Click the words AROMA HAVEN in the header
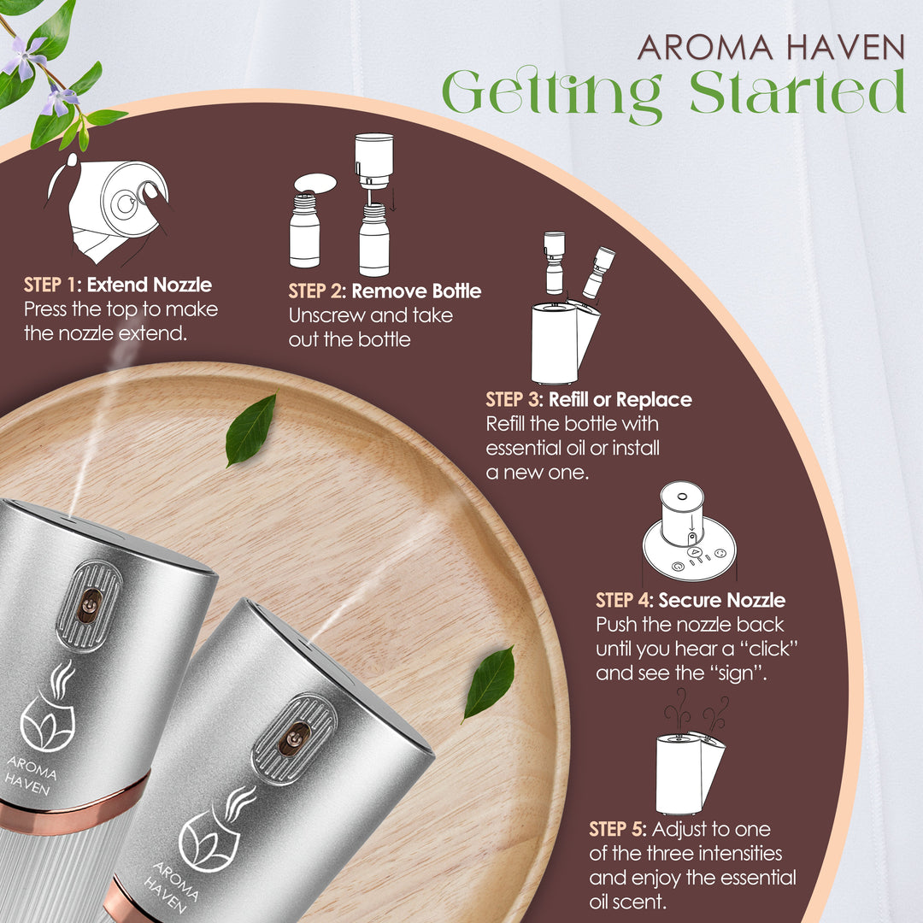click(x=771, y=47)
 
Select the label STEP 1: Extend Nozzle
click(x=118, y=285)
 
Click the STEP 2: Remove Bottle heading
click(x=385, y=291)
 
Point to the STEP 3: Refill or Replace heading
click(x=589, y=399)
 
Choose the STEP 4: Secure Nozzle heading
click(x=691, y=600)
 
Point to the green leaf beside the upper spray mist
click(x=250, y=429)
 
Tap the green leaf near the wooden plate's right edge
click(x=489, y=682)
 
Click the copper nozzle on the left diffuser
click(x=87, y=604)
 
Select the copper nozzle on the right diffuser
click(x=293, y=738)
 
